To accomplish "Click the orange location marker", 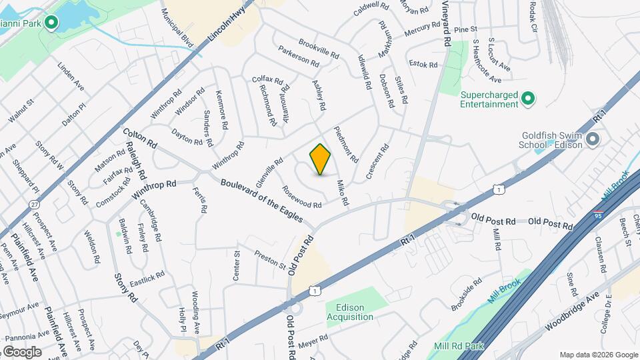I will (321, 159).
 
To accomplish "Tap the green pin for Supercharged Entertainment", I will (528, 99).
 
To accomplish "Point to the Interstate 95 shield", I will (599, 216).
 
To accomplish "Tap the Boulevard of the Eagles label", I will (261, 199).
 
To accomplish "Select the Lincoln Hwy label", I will (223, 26).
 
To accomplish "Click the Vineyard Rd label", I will (445, 23).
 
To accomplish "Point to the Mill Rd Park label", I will (458, 346).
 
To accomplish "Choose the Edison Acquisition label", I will (350, 313).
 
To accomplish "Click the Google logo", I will (21, 351).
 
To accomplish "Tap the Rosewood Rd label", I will (303, 196).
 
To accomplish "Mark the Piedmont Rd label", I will (347, 145).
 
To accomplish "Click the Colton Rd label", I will (139, 138).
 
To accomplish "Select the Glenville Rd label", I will (269, 173).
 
